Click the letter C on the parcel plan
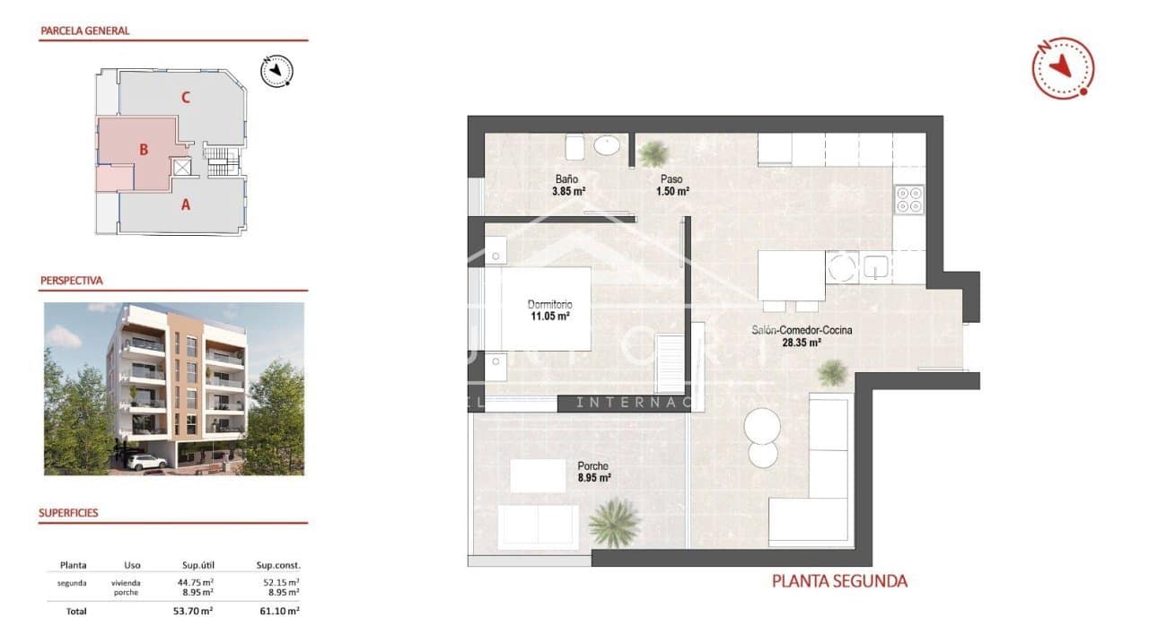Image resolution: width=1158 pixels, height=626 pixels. [185, 98]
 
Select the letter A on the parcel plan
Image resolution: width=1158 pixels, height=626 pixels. [186, 204]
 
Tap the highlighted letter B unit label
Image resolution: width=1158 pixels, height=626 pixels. [144, 150]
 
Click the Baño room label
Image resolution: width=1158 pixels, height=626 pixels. [566, 178]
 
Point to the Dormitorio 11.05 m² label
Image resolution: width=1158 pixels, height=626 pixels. [548, 309]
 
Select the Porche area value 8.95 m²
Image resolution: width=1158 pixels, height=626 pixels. [593, 479]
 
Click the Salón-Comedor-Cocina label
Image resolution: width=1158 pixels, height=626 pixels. [802, 330]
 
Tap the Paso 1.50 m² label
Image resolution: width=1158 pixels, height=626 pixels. [671, 185]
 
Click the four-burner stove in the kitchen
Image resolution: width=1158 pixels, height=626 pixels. [909, 199]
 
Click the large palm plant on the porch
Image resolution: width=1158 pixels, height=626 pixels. [614, 522]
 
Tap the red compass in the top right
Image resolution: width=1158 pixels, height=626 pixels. [1063, 67]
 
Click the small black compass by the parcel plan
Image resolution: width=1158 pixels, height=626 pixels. [277, 70]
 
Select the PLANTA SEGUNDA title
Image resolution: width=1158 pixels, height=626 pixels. [839, 581]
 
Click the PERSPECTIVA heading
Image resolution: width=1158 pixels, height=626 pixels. [72, 281]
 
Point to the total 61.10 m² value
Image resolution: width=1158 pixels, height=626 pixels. [279, 611]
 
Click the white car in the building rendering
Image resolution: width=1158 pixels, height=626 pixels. [145, 462]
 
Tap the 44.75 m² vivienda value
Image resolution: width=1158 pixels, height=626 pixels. [195, 582]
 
